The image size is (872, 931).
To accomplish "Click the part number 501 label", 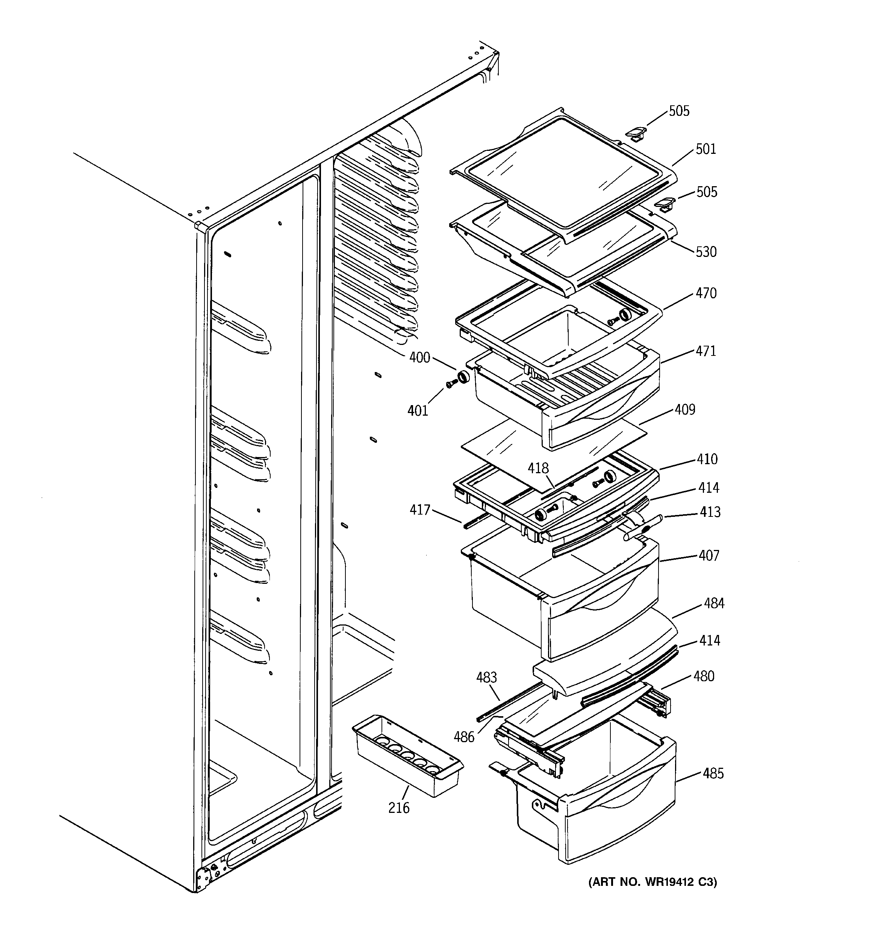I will pos(705,149).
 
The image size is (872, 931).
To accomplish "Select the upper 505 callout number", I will pos(679,111).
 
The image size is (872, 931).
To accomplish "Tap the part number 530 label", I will pos(706,252).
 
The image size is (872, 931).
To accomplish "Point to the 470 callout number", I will pos(706,294).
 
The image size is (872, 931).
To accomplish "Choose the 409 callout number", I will pos(685,410).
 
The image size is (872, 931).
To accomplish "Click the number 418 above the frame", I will pos(538,468).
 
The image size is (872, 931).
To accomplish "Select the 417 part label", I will pos(420,510).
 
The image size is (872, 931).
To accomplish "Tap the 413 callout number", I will pos(710,512).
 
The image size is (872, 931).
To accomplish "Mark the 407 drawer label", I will pos(708,556).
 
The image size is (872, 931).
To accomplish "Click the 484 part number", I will pos(714,604).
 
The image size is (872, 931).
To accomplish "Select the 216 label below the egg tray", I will pos(399,808).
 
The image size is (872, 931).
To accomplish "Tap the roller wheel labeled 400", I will pos(463,377).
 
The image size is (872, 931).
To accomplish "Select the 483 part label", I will pos(486,677).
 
